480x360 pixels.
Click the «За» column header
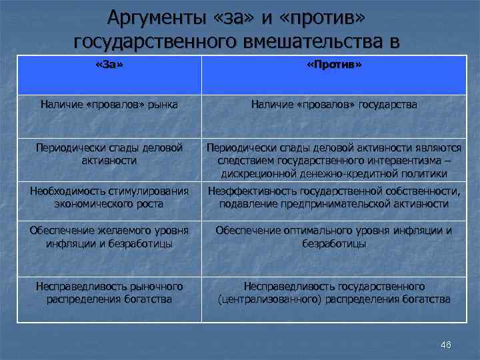tap(110, 66)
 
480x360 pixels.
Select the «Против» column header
tap(334, 66)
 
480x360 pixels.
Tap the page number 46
tap(446, 345)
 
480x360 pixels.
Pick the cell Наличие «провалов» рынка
tap(110, 104)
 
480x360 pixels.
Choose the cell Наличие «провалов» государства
tap(334, 104)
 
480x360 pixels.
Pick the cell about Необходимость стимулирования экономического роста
tap(110, 197)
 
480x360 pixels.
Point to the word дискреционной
tap(259, 173)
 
